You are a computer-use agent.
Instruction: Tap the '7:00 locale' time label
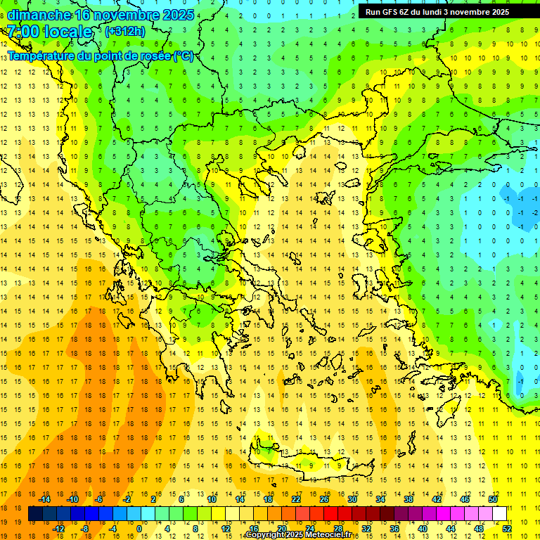click(x=49, y=32)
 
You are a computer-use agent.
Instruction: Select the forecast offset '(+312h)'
click(x=124, y=32)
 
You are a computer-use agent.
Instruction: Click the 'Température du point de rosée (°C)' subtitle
click(x=101, y=56)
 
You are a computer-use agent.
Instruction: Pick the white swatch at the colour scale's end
click(x=499, y=514)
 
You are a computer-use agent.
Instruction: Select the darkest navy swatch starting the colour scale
click(x=35, y=514)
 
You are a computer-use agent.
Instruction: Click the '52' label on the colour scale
click(x=507, y=529)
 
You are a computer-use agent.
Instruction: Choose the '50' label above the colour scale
click(x=493, y=499)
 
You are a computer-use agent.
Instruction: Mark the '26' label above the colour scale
click(x=324, y=499)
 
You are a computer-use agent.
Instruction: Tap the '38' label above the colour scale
click(x=409, y=499)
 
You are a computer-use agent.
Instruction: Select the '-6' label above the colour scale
click(x=99, y=499)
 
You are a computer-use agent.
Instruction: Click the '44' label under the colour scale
click(x=451, y=529)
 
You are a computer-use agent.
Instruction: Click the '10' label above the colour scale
click(x=212, y=499)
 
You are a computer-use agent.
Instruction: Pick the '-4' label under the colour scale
click(x=113, y=529)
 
